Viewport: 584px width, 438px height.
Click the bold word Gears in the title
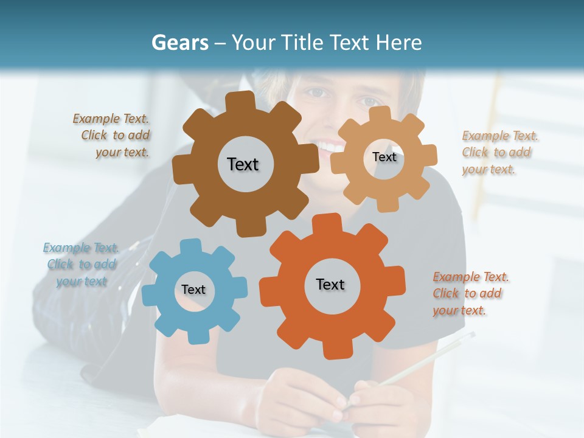[x=179, y=43]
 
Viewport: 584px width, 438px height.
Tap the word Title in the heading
[x=302, y=43]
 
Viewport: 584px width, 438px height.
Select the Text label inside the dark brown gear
[x=243, y=164]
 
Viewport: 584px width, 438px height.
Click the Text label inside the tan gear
[x=384, y=157]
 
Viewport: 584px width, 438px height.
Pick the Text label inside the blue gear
[x=193, y=290]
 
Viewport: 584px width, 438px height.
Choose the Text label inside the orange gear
[x=330, y=284]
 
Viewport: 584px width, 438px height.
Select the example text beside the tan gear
[x=499, y=152]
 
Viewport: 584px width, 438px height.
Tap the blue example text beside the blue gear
[x=81, y=264]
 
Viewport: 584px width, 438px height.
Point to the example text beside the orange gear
[x=470, y=293]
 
